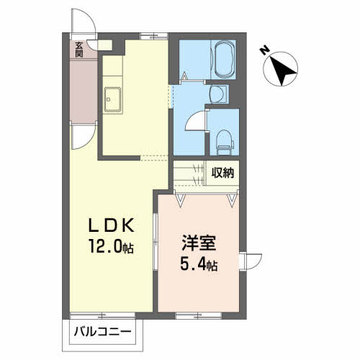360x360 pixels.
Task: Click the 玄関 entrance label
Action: [79, 50]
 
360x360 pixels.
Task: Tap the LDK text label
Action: [111, 226]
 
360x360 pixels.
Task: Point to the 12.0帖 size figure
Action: [111, 246]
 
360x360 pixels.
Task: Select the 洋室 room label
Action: [199, 243]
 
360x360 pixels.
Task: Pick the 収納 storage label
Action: [222, 172]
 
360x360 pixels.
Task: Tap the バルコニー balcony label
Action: [102, 332]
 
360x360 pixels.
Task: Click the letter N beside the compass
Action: [264, 51]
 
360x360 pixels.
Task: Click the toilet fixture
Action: [225, 143]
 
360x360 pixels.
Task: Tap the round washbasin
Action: [217, 94]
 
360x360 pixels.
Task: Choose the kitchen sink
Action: [112, 100]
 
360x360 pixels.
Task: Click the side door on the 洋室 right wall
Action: [251, 261]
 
